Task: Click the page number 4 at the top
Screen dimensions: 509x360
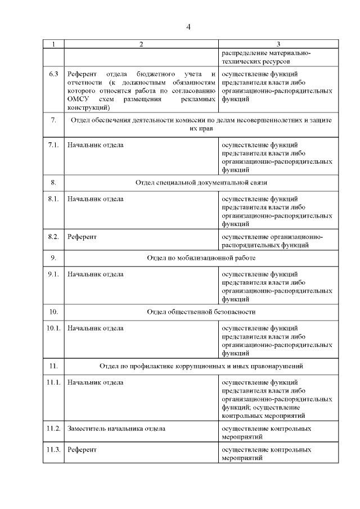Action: pos(189,27)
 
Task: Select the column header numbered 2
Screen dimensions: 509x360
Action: pos(141,44)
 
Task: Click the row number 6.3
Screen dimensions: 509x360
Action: pos(53,74)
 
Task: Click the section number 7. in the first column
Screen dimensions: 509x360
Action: pos(53,120)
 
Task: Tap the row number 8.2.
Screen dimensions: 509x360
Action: pos(53,237)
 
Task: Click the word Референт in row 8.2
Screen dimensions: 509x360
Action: pos(82,237)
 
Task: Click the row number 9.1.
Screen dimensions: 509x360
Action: pos(53,274)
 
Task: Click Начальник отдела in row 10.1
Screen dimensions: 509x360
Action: pos(95,328)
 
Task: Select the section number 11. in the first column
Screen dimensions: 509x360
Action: pos(53,366)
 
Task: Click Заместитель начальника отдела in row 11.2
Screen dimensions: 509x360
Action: pos(116,429)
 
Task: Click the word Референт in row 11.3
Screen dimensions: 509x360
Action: pos(82,450)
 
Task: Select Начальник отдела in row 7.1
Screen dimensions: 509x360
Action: pos(95,145)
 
